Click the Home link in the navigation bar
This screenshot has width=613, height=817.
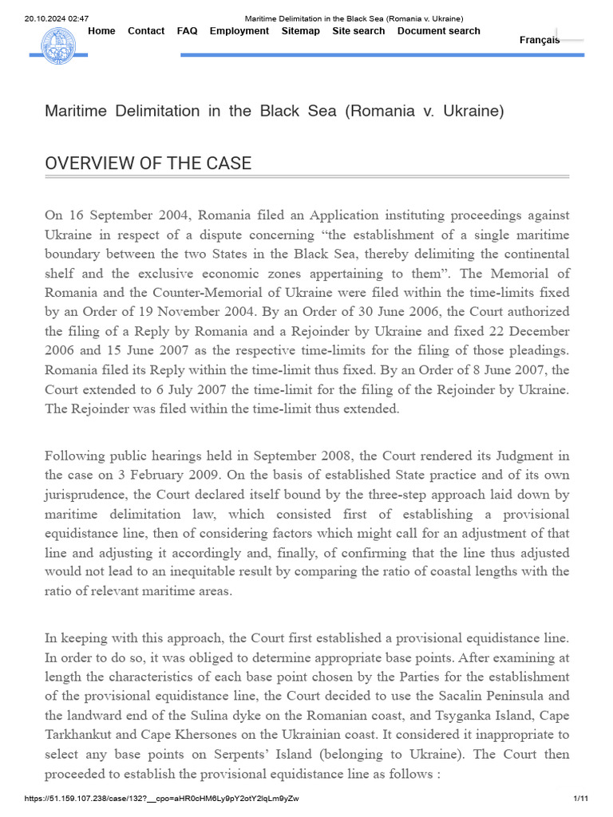point(101,31)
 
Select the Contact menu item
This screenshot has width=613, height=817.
point(146,31)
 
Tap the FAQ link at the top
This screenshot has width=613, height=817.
point(187,31)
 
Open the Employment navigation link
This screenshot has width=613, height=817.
point(239,31)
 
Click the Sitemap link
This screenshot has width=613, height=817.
point(300,31)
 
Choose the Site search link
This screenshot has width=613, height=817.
point(358,31)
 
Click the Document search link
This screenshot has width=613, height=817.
point(438,31)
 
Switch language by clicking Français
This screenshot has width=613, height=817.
point(540,40)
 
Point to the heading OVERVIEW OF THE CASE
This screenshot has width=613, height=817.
point(148,164)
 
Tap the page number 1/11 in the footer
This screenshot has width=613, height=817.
point(580,798)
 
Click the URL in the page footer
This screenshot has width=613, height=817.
point(161,798)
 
